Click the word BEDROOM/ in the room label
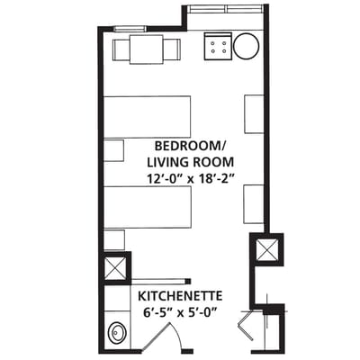tap(191, 146)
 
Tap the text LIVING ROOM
tap(191, 162)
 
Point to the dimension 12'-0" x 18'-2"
tap(191, 178)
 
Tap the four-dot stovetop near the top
tap(218, 46)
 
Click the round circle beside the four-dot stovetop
tap(247, 46)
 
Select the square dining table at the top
tap(145, 49)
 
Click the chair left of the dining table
tap(121, 49)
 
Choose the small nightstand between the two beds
tap(113, 150)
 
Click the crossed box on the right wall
tap(267, 249)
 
